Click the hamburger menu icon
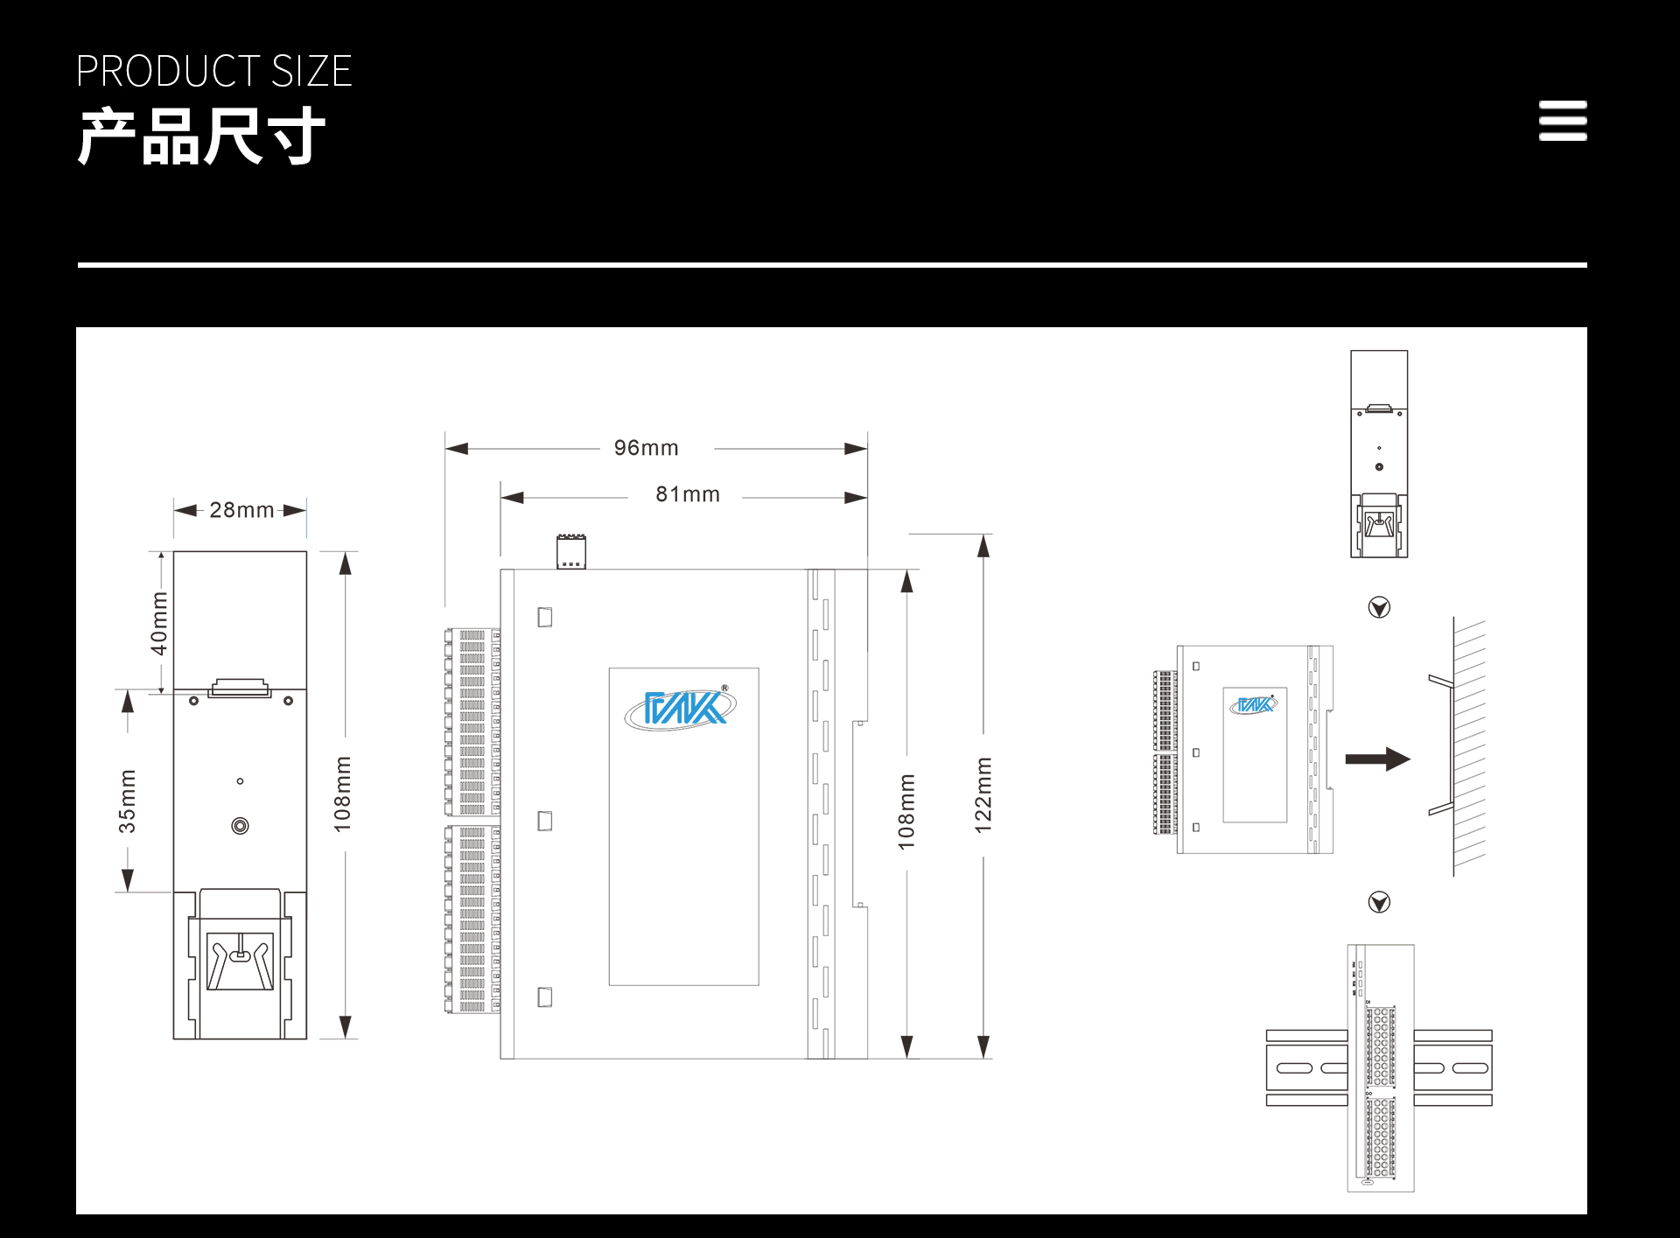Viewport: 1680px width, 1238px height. pos(1563,121)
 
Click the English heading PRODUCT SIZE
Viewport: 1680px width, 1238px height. pos(214,71)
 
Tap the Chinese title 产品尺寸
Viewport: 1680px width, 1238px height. pos(202,136)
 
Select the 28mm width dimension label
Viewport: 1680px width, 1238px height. pos(241,509)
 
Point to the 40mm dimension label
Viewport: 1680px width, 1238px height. pos(159,623)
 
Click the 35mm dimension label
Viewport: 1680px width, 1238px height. pos(128,801)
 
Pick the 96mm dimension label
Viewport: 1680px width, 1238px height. pos(647,448)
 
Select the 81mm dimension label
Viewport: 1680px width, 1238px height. pos(688,494)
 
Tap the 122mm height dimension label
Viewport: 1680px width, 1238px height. pos(983,794)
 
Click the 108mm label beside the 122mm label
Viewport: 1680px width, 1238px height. pos(906,811)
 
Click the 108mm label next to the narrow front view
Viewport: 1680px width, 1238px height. pos(343,794)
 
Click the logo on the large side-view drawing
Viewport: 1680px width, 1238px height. pos(681,707)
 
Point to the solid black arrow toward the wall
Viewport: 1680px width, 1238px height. pos(1378,759)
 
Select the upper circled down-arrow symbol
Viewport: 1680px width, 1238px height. pos(1379,607)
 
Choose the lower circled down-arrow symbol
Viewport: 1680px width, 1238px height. pos(1379,902)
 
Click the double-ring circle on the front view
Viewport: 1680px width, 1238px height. pos(240,826)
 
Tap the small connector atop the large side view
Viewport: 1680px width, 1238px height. pos(571,552)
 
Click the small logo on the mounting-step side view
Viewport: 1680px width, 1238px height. pos(1254,704)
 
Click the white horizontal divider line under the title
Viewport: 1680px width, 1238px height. pos(832,264)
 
